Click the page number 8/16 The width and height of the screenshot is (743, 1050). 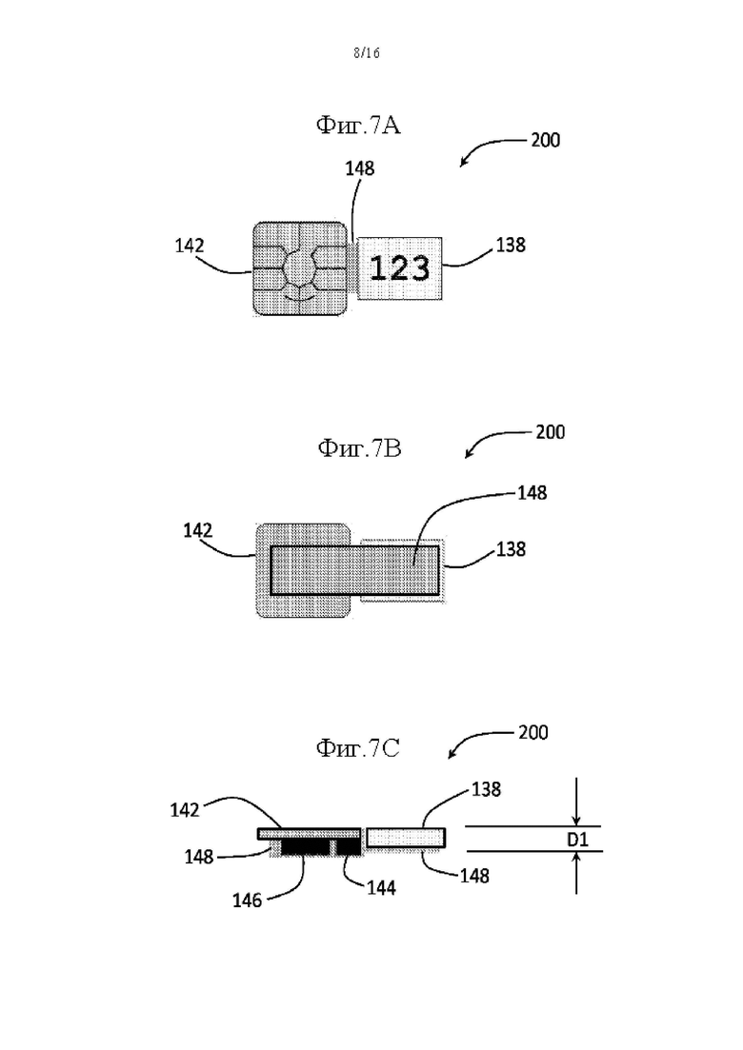[x=367, y=53]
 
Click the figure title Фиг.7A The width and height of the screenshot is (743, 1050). [x=358, y=125]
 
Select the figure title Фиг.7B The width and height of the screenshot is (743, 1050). [x=359, y=447]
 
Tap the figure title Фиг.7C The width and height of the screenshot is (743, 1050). [x=357, y=747]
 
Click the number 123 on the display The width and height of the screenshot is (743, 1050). [x=399, y=268]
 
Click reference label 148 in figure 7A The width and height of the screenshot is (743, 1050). [x=360, y=168]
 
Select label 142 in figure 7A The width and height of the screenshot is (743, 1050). [x=189, y=246]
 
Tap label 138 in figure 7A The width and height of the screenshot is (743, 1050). [x=511, y=245]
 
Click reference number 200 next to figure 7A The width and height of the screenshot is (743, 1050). [x=546, y=140]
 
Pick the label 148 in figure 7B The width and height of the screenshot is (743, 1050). [x=532, y=493]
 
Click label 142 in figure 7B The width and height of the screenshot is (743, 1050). [x=197, y=531]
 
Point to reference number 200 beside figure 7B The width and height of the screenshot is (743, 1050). [x=550, y=432]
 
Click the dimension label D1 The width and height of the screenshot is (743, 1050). [x=577, y=839]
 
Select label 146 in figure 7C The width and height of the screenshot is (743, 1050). [x=247, y=901]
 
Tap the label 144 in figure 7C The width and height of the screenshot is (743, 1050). [x=381, y=888]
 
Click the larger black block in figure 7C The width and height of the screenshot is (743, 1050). [x=305, y=847]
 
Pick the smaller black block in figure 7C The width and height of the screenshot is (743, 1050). [x=349, y=847]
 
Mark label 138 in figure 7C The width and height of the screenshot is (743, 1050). [x=486, y=789]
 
